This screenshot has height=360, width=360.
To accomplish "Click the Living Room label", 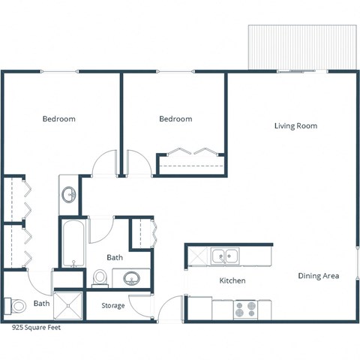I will [295, 126].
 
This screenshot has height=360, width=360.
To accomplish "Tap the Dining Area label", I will [318, 276].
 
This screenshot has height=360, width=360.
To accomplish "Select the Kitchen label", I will [232, 280].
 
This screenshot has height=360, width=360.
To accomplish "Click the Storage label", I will [113, 305].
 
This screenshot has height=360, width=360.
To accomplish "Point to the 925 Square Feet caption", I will [35, 328].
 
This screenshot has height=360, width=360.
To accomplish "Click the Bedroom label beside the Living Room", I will [175, 118].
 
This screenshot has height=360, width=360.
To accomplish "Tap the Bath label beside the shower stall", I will [41, 304].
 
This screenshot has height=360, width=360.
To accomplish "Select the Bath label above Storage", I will [115, 257].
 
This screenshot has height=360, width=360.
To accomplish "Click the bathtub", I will [73, 243].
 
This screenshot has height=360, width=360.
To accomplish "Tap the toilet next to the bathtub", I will [99, 279].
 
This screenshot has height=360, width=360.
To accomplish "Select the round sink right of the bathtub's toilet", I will [130, 279].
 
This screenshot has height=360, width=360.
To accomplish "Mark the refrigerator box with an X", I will [197, 256].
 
